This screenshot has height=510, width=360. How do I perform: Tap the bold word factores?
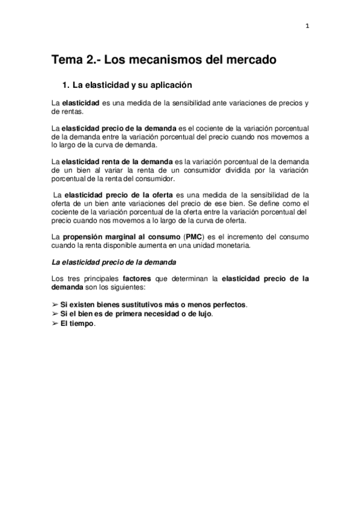139,278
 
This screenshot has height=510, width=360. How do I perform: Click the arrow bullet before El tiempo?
55,323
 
